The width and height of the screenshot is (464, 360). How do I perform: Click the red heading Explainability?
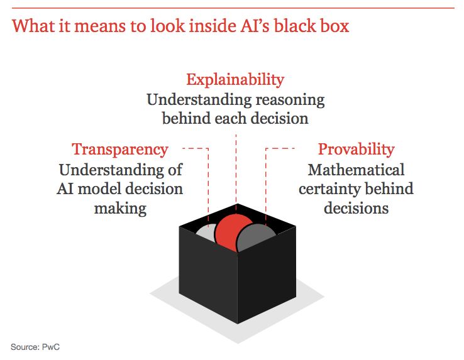(x=235, y=80)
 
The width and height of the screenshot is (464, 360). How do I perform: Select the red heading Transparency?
(x=120, y=150)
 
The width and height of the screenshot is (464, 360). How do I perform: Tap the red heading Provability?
(x=356, y=150)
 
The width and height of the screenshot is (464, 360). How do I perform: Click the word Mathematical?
(x=356, y=170)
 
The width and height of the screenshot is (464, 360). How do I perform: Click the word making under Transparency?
(x=120, y=208)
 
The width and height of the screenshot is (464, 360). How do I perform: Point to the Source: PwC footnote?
(x=35, y=347)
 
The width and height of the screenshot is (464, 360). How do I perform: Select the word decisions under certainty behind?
(x=356, y=208)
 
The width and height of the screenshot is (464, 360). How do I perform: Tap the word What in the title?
(x=30, y=27)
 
